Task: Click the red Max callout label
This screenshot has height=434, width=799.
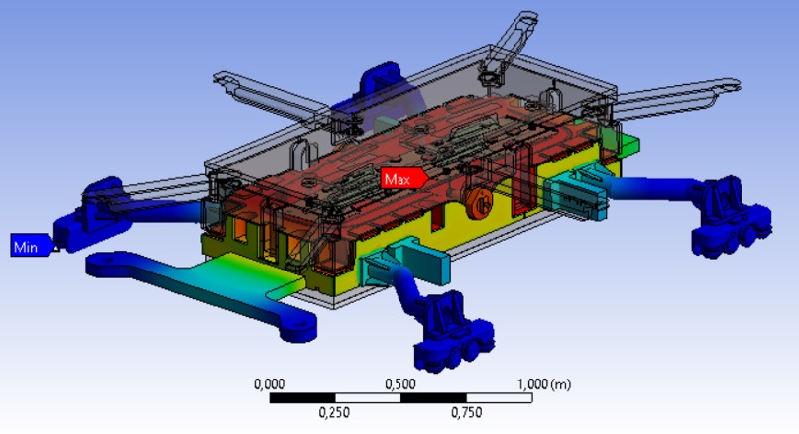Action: pyautogui.click(x=403, y=178)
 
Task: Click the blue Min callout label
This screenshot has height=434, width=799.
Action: pyautogui.click(x=31, y=246)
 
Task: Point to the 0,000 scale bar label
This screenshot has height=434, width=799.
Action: pyautogui.click(x=269, y=384)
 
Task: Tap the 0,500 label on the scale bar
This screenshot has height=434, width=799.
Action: pyautogui.click(x=400, y=384)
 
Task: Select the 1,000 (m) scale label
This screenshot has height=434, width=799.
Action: pyautogui.click(x=544, y=384)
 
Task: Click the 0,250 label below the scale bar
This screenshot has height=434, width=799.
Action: pyautogui.click(x=334, y=412)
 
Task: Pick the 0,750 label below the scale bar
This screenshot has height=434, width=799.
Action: pyautogui.click(x=466, y=412)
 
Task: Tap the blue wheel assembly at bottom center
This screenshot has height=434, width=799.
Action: pyautogui.click(x=452, y=330)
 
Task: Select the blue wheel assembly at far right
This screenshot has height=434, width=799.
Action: pyautogui.click(x=731, y=216)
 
